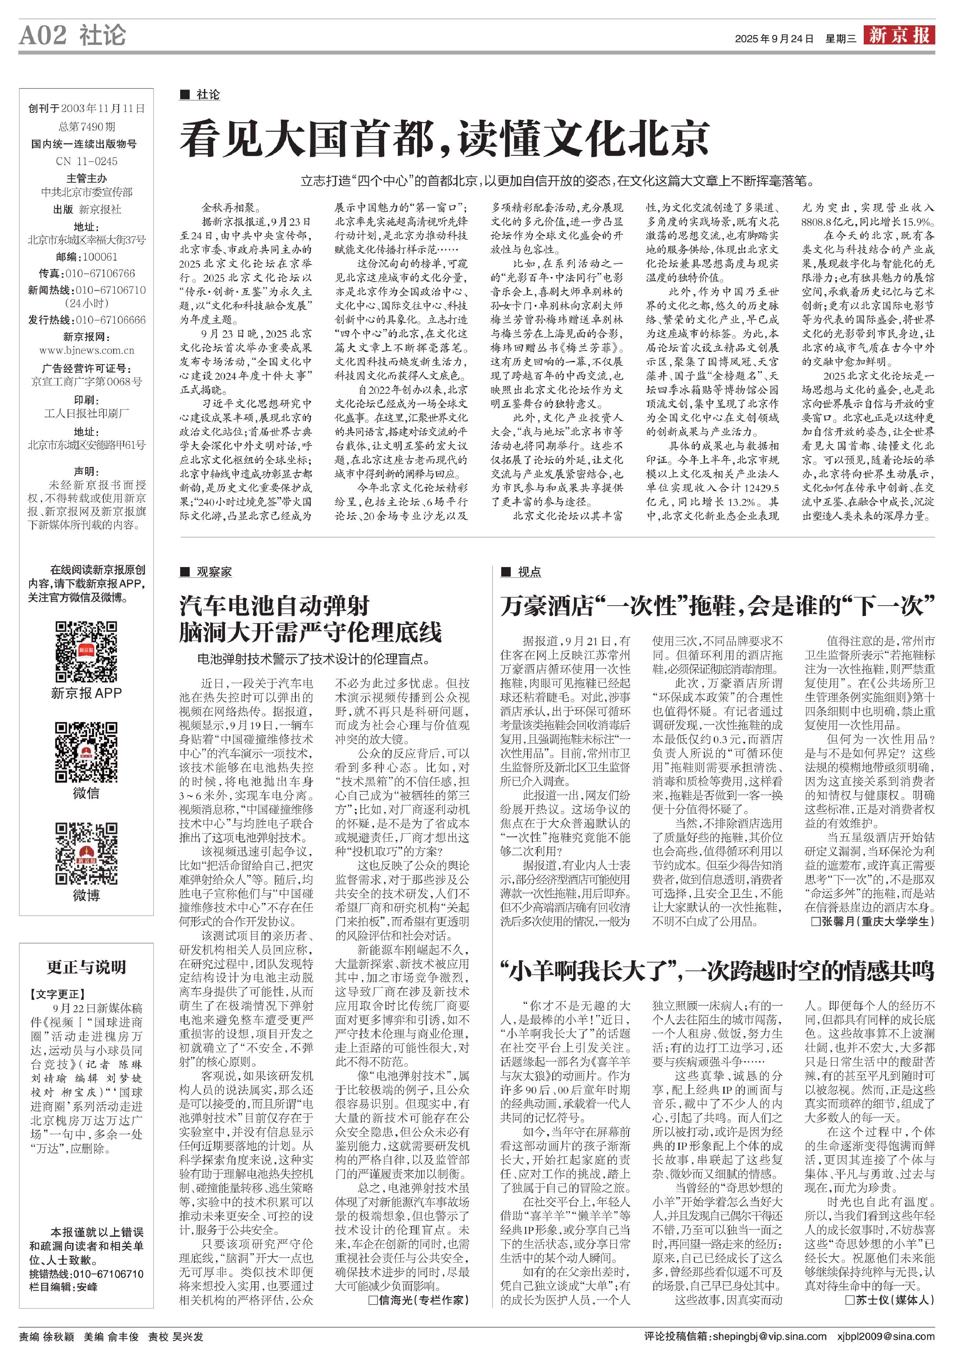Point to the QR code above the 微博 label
click(86, 853)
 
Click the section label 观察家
click(214, 571)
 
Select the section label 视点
click(529, 571)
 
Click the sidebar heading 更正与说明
click(86, 967)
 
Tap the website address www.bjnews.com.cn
click(86, 351)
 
